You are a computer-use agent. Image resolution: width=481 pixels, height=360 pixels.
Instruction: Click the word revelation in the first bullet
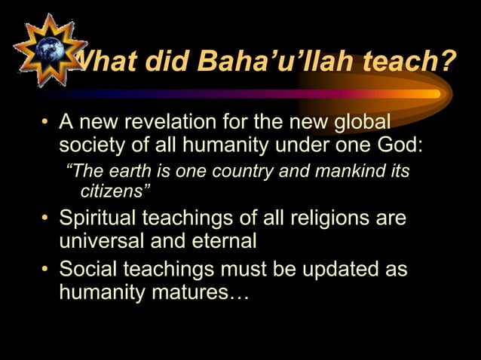(x=187, y=122)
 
